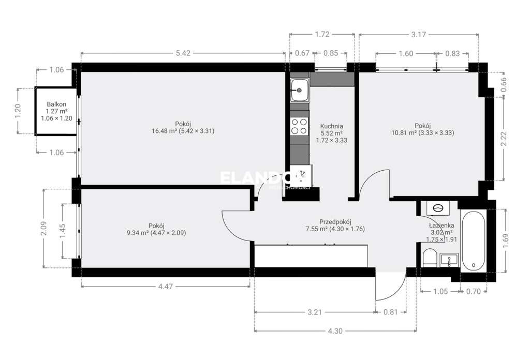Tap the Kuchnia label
click(332, 126)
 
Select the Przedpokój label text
click(335, 221)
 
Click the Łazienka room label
click(441, 226)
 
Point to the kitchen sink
click(299, 91)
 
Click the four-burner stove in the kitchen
click(299, 126)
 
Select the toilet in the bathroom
click(429, 257)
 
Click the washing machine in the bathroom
click(438, 208)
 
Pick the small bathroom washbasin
click(449, 260)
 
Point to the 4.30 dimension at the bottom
click(335, 331)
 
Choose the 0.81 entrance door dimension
click(391, 312)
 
